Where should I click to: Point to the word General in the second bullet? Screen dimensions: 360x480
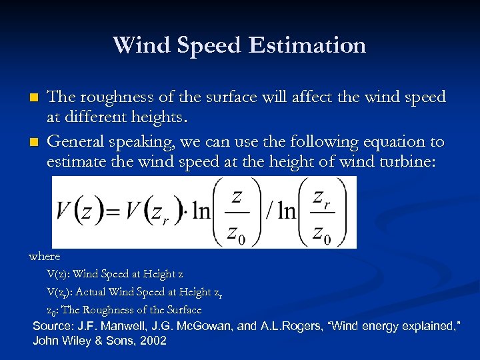coord(76,141)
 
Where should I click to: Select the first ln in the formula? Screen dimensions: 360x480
coord(200,213)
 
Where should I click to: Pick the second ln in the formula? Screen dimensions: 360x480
coord(287,213)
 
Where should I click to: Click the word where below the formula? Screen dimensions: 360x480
coord(45,256)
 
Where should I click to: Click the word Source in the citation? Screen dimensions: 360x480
coord(52,326)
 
